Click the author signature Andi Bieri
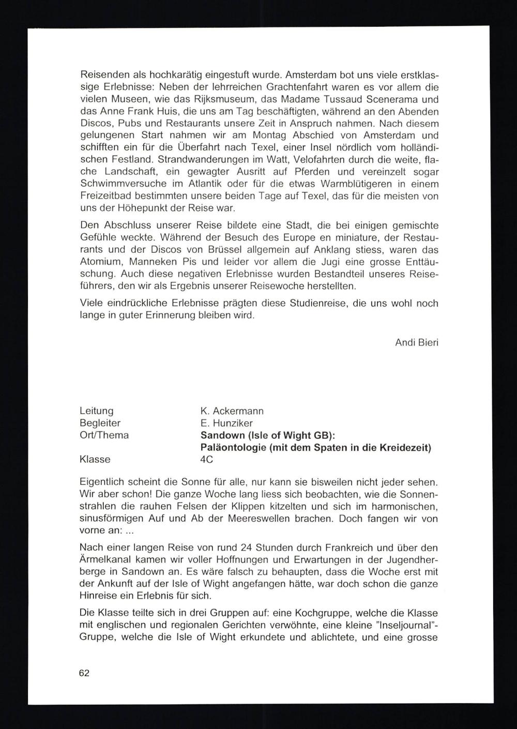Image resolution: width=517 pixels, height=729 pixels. pyautogui.click(x=417, y=342)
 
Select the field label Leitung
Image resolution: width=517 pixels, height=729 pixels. pyautogui.click(x=97, y=411)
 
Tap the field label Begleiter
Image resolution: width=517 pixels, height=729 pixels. pyautogui.click(x=100, y=423)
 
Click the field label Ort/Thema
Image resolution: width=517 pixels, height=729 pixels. pyautogui.click(x=104, y=435)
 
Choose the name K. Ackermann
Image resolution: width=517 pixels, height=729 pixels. pyautogui.click(x=232, y=411)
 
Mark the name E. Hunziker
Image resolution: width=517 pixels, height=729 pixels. pyautogui.click(x=226, y=423)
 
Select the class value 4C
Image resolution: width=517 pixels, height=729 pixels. pyautogui.click(x=207, y=460)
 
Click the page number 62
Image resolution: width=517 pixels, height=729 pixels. pyautogui.click(x=85, y=673)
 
